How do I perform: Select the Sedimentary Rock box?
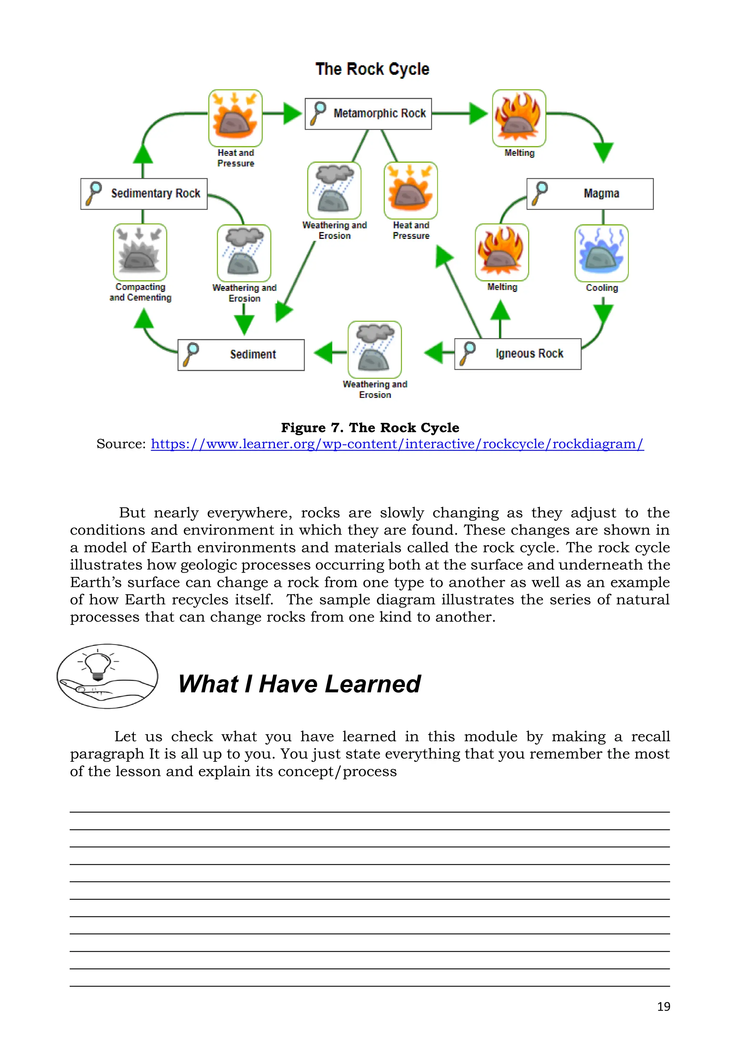click(144, 194)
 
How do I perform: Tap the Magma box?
click(590, 194)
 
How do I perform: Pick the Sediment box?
click(241, 355)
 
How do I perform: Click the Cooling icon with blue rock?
click(601, 253)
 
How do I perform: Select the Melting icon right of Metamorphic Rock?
click(519, 118)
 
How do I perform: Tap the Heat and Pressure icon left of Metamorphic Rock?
click(235, 118)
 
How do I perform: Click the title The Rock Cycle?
click(372, 69)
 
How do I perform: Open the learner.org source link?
click(397, 444)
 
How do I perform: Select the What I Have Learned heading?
click(299, 684)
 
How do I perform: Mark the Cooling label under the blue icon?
click(601, 288)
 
